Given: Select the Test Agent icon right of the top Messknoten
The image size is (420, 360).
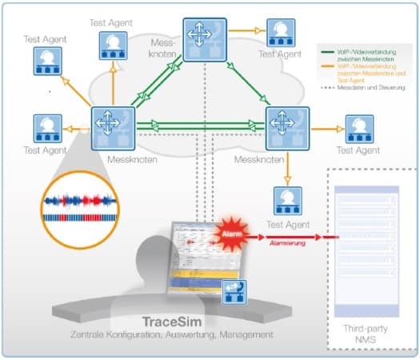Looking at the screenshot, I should (x=280, y=32).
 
